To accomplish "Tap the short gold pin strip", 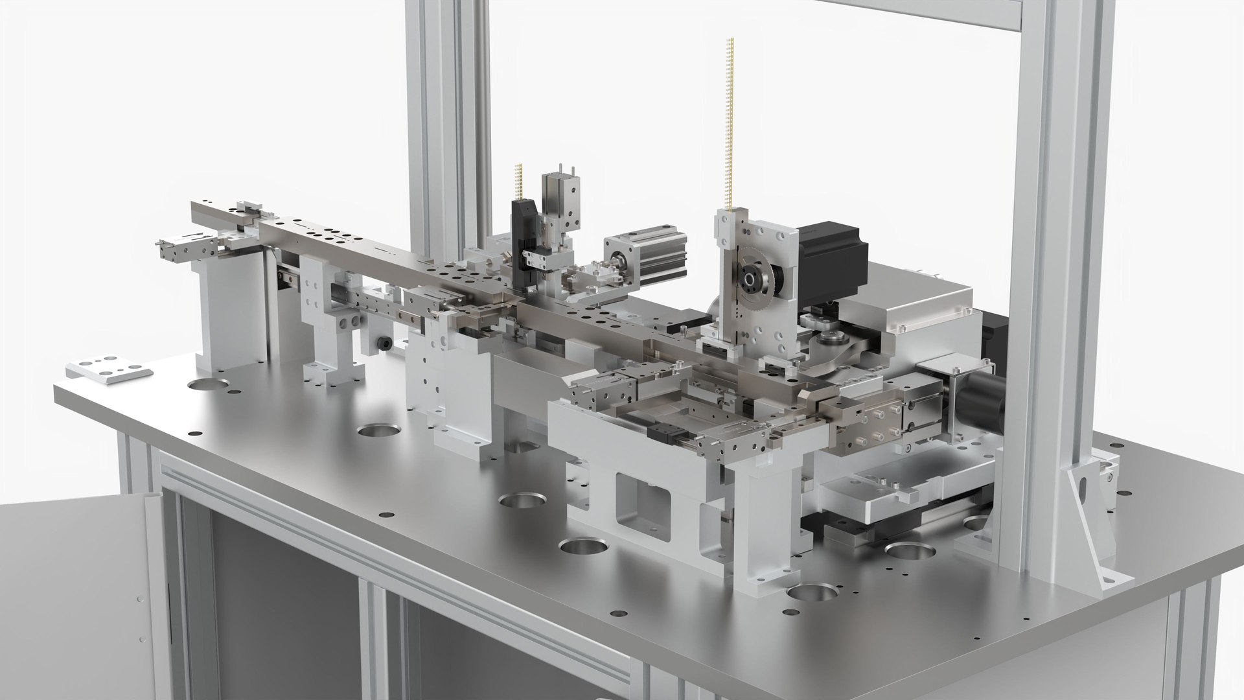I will (519, 181).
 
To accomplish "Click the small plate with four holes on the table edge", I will (108, 369).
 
